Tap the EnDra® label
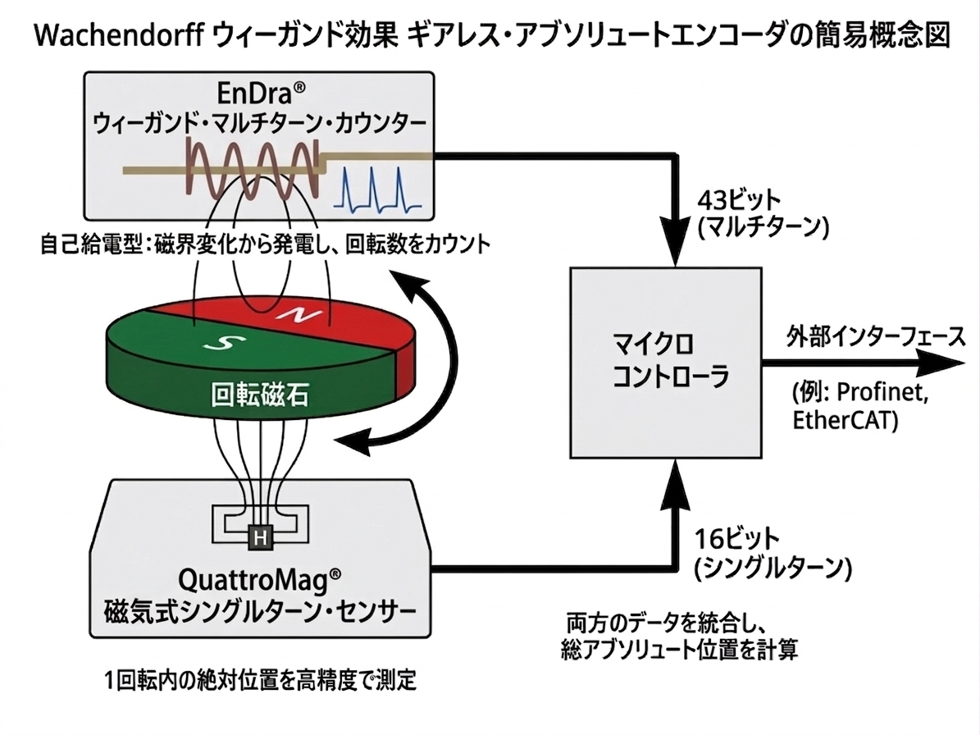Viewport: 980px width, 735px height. coord(259,92)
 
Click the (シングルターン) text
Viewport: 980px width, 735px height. coord(773,568)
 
